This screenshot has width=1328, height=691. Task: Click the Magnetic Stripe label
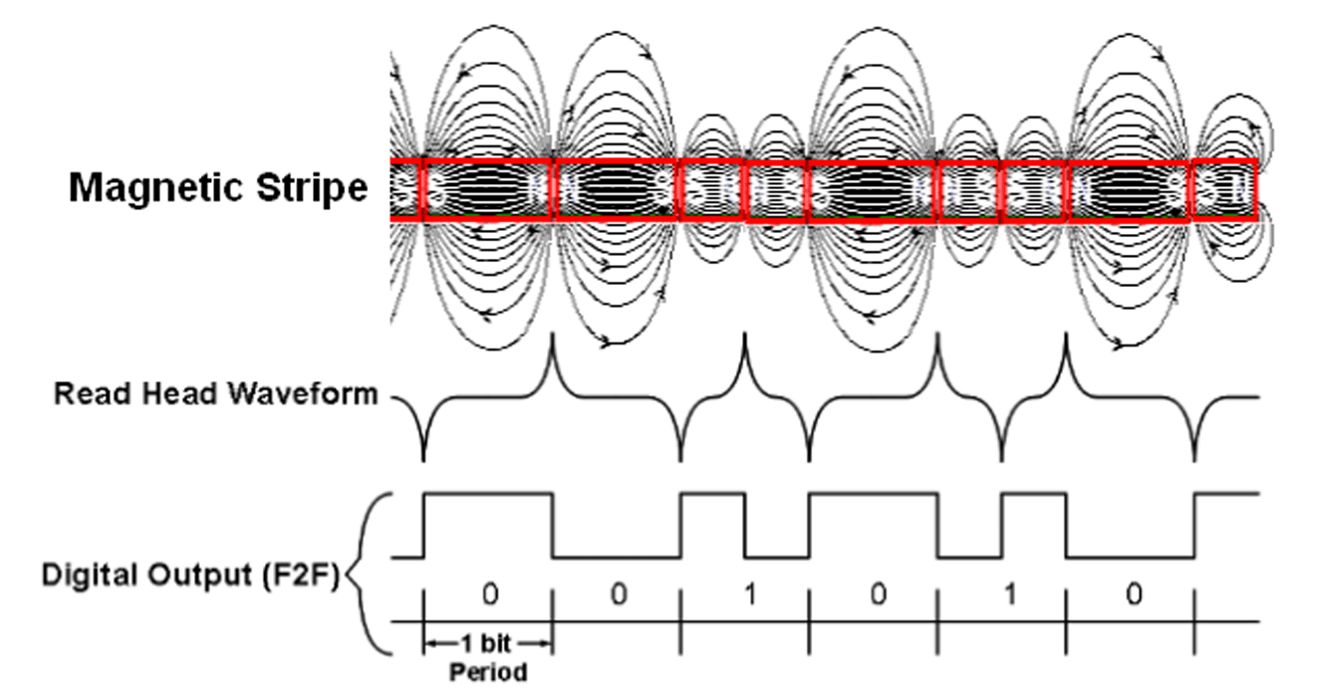[x=217, y=187]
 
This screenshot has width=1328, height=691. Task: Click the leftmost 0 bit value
[x=489, y=595]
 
